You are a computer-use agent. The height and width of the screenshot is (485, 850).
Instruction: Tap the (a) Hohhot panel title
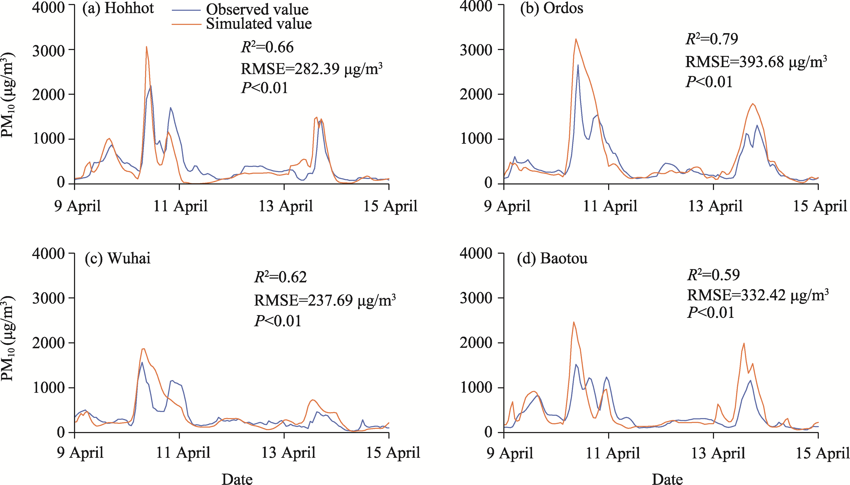(x=118, y=8)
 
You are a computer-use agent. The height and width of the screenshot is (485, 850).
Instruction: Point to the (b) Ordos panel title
(x=551, y=8)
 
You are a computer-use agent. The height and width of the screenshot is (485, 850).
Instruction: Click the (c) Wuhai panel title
(x=118, y=258)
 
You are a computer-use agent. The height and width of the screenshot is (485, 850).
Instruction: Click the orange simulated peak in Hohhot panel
(x=146, y=47)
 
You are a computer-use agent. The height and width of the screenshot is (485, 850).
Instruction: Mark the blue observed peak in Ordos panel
(x=578, y=65)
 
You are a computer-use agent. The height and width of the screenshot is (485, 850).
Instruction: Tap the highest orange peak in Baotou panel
(x=573, y=322)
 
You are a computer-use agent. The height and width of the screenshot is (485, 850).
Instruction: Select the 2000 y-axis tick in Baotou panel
(x=476, y=343)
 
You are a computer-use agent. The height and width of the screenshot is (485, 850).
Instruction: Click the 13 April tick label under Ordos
(x=715, y=206)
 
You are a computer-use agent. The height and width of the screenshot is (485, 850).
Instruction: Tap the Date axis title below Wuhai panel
(x=237, y=479)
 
